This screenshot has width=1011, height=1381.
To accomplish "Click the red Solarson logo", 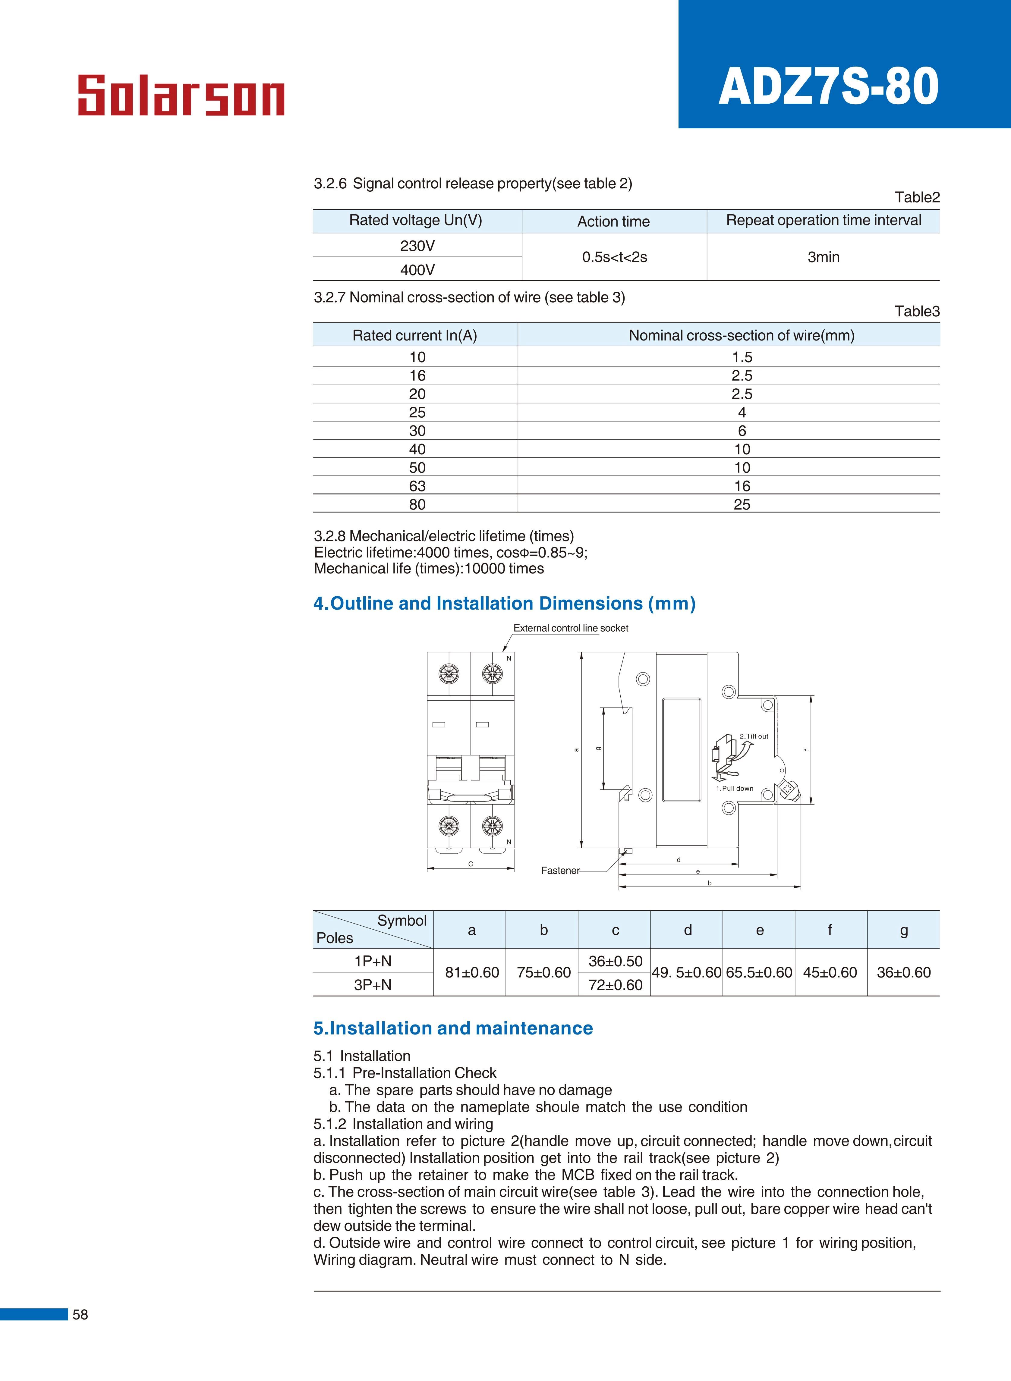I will pos(181,96).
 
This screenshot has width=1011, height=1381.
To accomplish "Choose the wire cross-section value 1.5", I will pos(742,357).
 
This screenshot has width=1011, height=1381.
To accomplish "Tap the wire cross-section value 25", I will pos(742,504).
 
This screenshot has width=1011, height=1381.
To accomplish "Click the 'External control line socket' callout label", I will pos(570,628).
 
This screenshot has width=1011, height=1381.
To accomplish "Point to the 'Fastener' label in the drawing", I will pos(560,870).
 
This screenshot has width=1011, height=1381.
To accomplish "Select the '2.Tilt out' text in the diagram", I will pos(754,736).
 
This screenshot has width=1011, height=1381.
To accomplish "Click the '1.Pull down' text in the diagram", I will pos(734,788).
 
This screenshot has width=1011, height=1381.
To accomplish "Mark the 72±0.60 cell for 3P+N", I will pos(615,985).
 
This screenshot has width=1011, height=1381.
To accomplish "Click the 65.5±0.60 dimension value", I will pos(759,972).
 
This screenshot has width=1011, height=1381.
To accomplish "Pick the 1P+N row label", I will pos(373,961).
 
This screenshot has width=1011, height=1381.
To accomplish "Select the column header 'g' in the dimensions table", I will pos(903,930).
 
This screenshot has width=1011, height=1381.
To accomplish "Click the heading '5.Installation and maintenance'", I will pos(453,1028).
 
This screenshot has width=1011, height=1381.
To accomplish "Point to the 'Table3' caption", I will pos(917,311).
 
